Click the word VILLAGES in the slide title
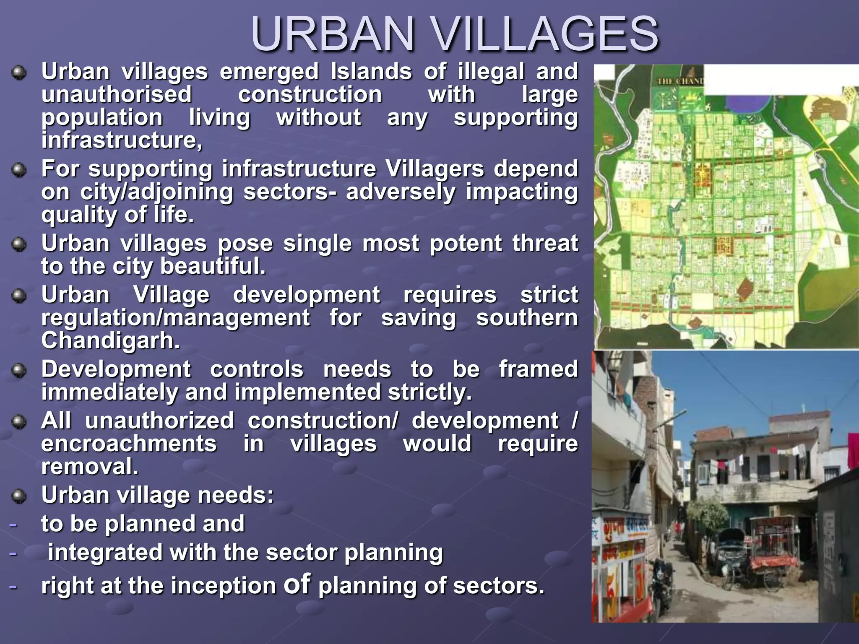[545, 34]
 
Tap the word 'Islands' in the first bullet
[371, 72]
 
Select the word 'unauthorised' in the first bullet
[117, 95]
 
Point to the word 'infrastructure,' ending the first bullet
[122, 140]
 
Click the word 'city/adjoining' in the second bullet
[156, 192]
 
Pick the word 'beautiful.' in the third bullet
[213, 266]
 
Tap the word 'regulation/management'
[175, 318]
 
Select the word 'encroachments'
[129, 444]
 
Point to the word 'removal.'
[90, 467]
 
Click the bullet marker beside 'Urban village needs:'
[19, 496]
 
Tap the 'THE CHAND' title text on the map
[680, 81]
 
